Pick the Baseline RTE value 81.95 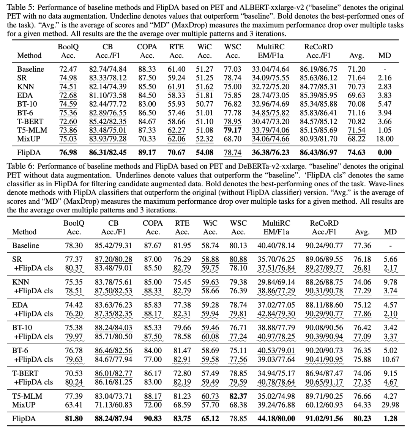182,245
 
